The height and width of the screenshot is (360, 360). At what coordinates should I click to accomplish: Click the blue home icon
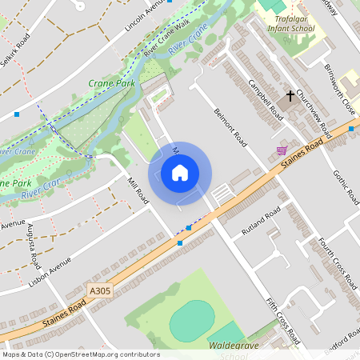(180, 172)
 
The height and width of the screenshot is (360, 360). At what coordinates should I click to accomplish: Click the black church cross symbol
(290, 96)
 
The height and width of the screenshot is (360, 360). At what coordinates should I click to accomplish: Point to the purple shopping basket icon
(282, 150)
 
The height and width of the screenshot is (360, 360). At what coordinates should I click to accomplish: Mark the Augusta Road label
(34, 246)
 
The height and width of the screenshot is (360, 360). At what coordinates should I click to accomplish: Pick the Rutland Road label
(262, 222)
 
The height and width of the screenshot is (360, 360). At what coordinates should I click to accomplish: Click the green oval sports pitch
(192, 318)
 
